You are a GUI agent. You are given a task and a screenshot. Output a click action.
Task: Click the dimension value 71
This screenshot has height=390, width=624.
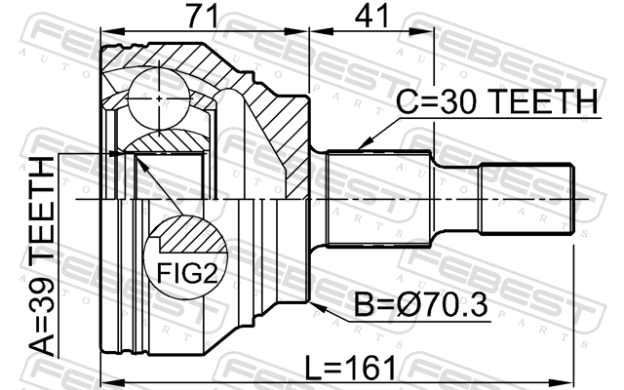click(203, 17)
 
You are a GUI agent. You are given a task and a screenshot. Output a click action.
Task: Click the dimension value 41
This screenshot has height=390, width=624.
click(371, 17)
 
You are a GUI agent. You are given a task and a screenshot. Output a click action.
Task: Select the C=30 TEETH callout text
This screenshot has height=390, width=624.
click(496, 101)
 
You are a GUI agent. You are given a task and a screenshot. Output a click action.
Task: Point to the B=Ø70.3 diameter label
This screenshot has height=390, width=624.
click(420, 305)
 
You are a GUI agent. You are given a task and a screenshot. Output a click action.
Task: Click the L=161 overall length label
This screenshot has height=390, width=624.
click(351, 368)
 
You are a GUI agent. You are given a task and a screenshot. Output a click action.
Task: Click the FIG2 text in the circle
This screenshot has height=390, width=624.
click(187, 273)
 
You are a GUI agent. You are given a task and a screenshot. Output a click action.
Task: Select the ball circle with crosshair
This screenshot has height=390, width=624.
click(159, 98)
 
